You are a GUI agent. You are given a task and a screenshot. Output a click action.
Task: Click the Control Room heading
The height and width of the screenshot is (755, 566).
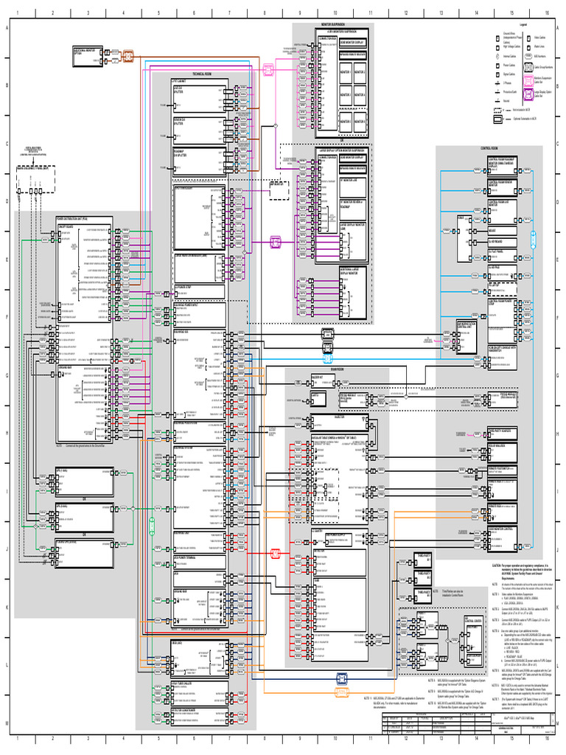coord(490,148)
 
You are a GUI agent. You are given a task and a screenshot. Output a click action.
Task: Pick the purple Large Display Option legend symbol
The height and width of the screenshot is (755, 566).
coord(529,94)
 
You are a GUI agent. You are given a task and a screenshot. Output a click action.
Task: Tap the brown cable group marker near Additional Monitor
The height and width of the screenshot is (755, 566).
coord(127,55)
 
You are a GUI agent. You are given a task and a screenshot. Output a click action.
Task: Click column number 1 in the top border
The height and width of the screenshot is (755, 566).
coord(16,13)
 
